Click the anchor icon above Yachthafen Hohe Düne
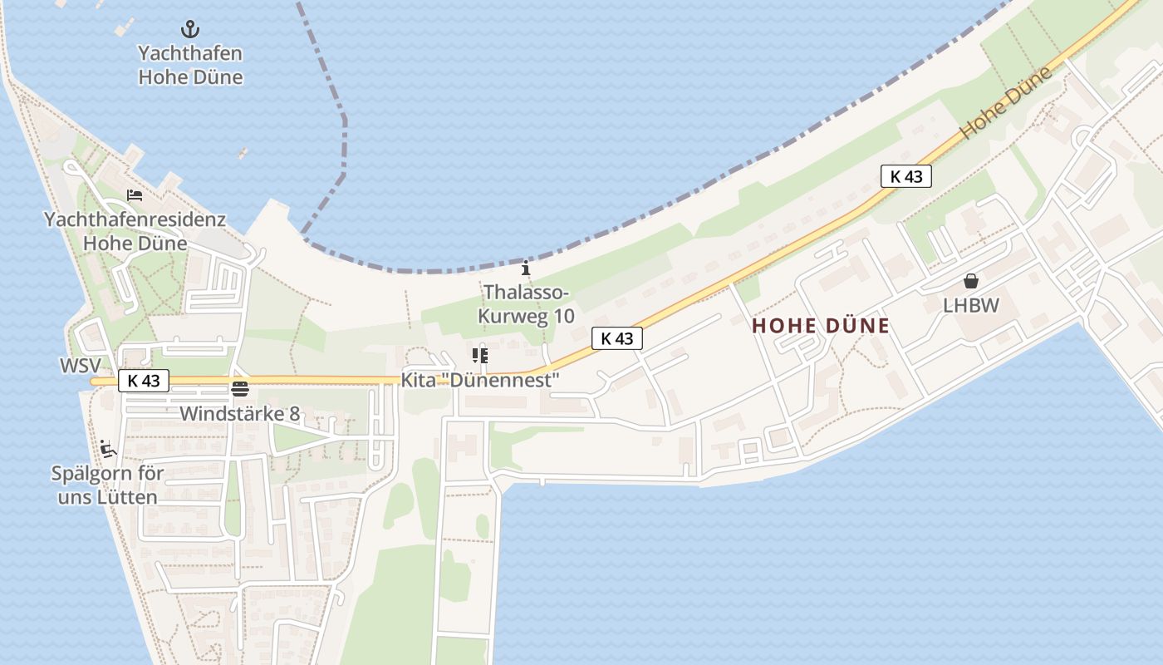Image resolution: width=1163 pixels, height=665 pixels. coord(190,30)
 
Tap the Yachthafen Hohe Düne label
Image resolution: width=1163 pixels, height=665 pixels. coord(190,66)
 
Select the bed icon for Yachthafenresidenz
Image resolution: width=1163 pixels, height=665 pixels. coord(135,195)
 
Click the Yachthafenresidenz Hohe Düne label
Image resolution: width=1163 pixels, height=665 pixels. coord(135,232)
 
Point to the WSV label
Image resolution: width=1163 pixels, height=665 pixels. coord(81,366)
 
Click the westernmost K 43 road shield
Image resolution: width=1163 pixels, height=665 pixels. coord(144,381)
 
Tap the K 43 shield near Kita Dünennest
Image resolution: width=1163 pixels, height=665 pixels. coord(617,338)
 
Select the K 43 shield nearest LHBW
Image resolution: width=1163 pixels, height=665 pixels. coord(906,176)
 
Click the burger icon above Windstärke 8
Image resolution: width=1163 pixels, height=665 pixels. coord(240,388)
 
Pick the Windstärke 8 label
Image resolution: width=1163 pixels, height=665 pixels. coord(240,413)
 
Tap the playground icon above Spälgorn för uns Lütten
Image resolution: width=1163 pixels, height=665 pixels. coord(107,450)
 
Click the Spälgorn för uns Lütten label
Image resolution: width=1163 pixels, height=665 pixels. coord(107,486)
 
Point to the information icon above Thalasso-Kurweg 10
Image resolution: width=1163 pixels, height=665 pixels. coord(525,268)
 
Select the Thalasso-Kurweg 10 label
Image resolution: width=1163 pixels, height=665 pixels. coord(525,304)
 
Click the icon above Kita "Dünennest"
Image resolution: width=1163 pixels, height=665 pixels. coord(479,356)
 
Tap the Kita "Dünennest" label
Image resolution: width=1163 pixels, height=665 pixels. coord(480,380)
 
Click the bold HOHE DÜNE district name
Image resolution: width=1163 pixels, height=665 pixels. coord(821,326)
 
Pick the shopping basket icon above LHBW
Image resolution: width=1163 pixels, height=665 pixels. coord(970,281)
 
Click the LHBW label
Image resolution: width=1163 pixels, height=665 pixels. coord(970,306)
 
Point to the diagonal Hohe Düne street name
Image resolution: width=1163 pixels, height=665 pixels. coord(1006,103)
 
